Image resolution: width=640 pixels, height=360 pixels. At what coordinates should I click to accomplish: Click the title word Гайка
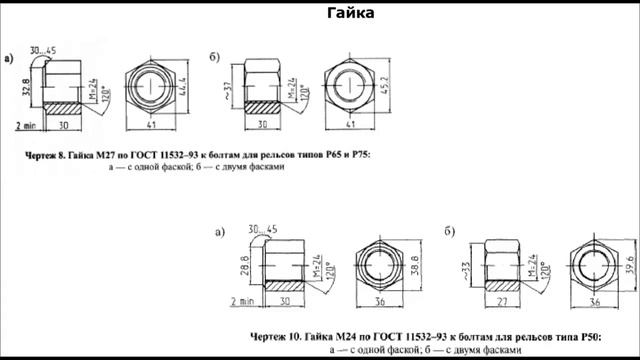pyautogui.click(x=351, y=13)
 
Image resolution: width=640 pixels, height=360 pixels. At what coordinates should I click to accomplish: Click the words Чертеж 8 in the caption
pyautogui.click(x=49, y=156)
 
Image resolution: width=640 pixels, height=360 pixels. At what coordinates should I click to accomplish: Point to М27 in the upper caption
pyautogui.click(x=109, y=156)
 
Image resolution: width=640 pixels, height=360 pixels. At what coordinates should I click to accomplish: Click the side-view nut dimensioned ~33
pyautogui.click(x=506, y=262)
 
